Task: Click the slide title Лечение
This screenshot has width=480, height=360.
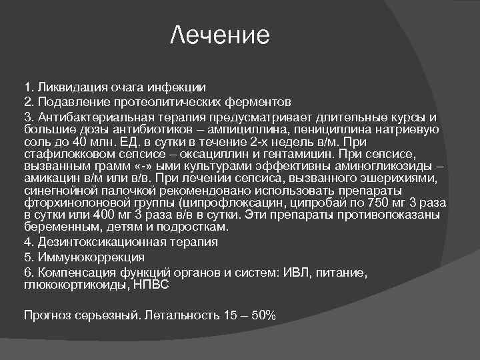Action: point(219,35)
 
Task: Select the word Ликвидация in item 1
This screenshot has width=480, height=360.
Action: point(68,87)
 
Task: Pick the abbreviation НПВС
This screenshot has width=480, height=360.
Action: point(151,284)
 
